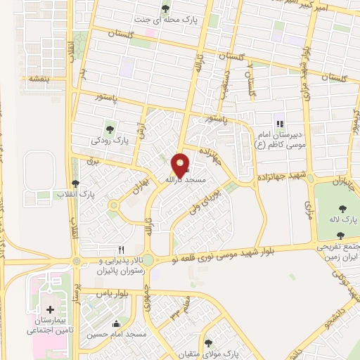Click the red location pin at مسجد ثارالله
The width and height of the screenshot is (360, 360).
[x=181, y=164]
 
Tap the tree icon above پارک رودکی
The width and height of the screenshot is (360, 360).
[x=109, y=128]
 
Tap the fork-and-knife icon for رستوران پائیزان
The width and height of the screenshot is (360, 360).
[x=122, y=250]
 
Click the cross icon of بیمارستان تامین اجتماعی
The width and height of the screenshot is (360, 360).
[x=50, y=310]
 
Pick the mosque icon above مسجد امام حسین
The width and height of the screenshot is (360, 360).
[x=117, y=324]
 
